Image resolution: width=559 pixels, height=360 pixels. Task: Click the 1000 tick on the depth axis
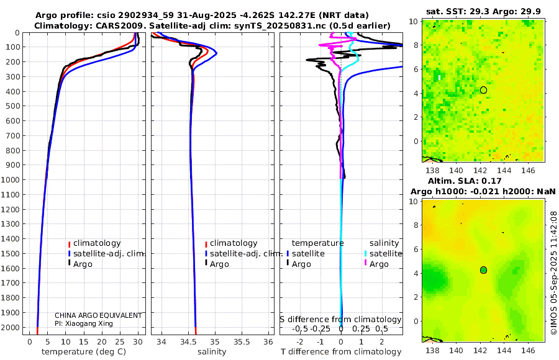click(12, 180)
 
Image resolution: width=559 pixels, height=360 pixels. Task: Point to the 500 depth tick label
click(12, 106)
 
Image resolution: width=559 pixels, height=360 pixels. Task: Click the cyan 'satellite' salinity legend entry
click(385, 254)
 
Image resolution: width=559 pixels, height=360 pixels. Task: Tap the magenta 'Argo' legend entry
click(379, 264)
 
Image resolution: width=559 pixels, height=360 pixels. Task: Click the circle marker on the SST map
click(484, 90)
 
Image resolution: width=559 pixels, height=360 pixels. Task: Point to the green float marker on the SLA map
click(484, 270)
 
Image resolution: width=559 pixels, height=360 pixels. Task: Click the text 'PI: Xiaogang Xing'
click(83, 323)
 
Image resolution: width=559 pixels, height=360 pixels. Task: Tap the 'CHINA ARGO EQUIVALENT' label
click(98, 315)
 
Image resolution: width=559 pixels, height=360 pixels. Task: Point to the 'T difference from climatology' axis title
click(341, 352)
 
